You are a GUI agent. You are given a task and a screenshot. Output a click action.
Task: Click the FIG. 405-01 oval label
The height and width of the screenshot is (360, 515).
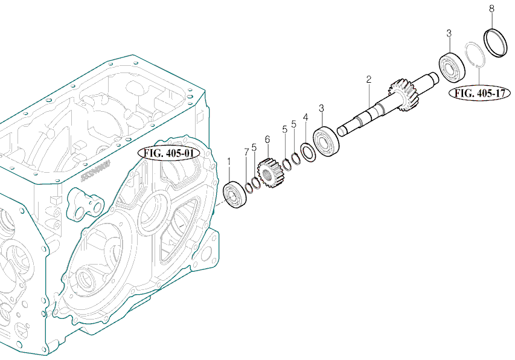pos(169,153)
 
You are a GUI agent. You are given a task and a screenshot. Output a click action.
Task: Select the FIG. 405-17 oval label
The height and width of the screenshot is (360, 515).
pos(479,93)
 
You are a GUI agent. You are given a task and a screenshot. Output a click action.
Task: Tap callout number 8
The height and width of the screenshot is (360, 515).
pos(491,9)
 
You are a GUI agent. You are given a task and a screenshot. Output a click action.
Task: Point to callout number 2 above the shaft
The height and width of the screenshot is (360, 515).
pos(369,80)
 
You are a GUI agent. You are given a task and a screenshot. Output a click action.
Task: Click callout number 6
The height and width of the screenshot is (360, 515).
pos(267,140)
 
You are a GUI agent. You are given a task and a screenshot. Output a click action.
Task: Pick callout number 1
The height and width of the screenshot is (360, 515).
pos(229,162)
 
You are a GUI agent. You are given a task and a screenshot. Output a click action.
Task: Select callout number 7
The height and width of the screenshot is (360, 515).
pos(246,152)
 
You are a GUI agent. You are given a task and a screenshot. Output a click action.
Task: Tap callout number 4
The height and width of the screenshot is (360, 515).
pos(305,117)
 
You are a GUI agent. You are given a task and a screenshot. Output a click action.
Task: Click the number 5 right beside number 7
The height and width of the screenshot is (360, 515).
pos(254,147)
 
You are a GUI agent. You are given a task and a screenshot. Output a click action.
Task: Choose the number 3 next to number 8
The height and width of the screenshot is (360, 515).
pos(449,33)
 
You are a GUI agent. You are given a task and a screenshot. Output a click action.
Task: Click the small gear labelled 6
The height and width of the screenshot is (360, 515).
pos(271,173)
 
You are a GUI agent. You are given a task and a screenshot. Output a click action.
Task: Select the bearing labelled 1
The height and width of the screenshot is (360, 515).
pos(235,194)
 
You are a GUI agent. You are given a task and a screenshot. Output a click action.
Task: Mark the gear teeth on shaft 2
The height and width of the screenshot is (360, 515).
pos(405,95)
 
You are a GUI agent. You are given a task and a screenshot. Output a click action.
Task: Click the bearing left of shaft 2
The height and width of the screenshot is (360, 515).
pos(326,141)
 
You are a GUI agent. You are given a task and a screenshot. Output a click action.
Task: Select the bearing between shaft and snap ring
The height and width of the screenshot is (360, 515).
pos(452,67)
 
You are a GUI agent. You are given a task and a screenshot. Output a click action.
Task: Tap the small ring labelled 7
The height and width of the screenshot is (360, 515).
pos(249,188)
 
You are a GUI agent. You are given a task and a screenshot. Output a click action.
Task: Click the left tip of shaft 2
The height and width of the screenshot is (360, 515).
pos(339,132)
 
